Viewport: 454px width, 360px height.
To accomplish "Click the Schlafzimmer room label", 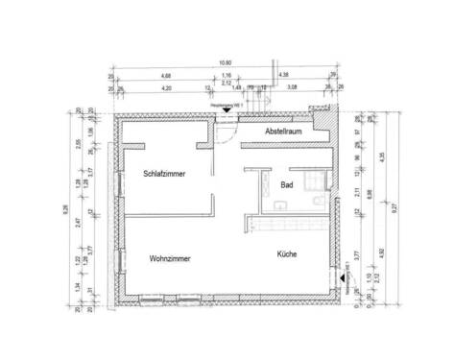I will tap(163, 174).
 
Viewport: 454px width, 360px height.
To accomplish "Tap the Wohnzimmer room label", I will tap(169, 258).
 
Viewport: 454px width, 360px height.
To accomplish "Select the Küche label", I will tap(286, 254).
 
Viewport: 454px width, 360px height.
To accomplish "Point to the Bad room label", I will tap(286, 185).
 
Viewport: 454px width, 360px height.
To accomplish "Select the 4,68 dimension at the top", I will tap(166, 75).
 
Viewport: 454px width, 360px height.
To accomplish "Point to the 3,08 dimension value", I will tap(296, 87).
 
